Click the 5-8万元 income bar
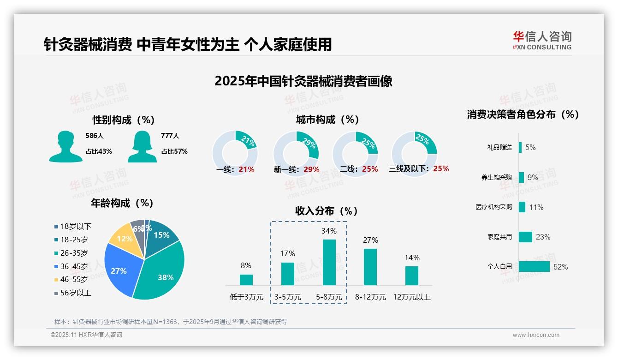[329, 262]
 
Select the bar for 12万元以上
[411, 276]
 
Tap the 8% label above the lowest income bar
[246, 265]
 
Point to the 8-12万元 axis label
[370, 297]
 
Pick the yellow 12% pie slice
[123, 238]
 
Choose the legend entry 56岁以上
[72, 293]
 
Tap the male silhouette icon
[65, 146]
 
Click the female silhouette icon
[142, 146]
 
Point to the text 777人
[170, 136]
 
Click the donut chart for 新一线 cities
[296, 152]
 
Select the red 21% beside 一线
[246, 169]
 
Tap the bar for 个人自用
[534, 267]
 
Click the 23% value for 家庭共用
[543, 237]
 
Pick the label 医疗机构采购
[493, 207]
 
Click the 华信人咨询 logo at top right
[542, 40]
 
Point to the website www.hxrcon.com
[535, 335]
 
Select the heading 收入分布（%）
[327, 211]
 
